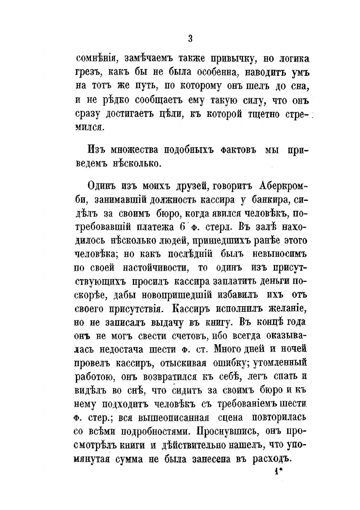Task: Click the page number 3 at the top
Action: pyautogui.click(x=190, y=39)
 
